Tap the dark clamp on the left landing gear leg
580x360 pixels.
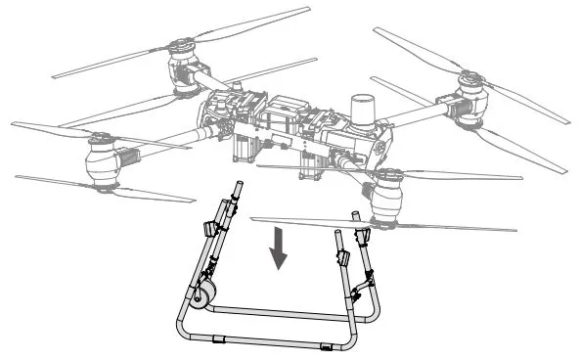[209, 230]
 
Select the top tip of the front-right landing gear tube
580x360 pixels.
[338, 235]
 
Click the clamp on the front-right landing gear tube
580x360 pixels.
[342, 258]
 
